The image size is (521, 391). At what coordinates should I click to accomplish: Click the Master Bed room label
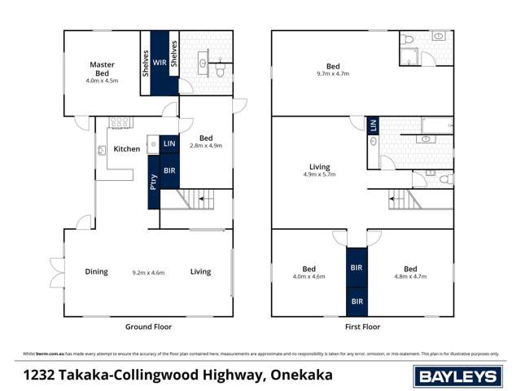[103, 68]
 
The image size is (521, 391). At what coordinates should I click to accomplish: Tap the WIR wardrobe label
[160, 61]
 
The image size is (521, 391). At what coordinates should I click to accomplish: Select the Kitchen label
[126, 149]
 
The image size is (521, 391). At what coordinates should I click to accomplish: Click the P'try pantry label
[153, 183]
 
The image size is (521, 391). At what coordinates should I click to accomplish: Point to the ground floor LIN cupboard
[169, 143]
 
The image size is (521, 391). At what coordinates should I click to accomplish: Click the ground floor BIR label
[169, 171]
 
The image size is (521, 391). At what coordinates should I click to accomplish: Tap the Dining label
[96, 271]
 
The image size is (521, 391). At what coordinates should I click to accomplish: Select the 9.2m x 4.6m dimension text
[149, 272]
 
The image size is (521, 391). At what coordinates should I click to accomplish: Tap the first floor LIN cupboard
[373, 125]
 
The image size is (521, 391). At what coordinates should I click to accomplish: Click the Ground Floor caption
[147, 327]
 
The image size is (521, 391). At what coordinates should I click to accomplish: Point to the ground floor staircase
[196, 199]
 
